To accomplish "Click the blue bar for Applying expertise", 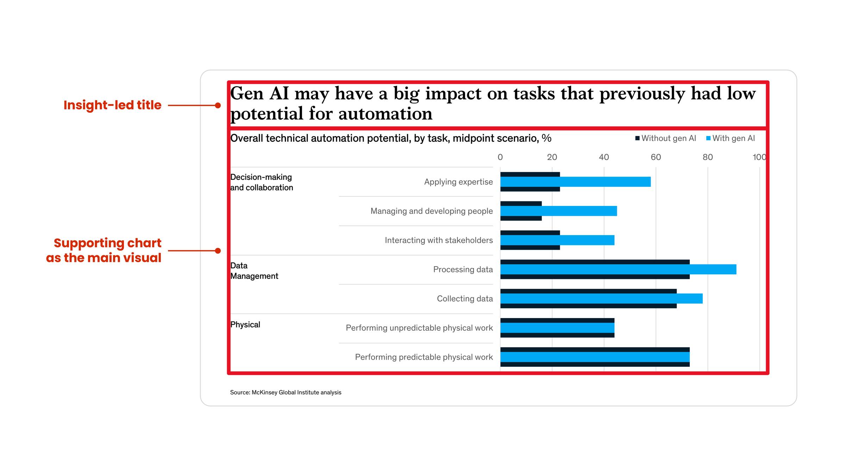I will point(575,182).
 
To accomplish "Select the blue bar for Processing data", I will point(618,269).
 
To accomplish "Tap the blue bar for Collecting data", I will point(601,299).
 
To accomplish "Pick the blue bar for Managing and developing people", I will point(558,211).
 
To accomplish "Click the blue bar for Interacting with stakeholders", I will point(557,240).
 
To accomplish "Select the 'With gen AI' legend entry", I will point(731,138).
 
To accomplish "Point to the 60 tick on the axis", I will point(656,157).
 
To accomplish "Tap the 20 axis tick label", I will point(552,157).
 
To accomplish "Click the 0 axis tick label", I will point(500,157).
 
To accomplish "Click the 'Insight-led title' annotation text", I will point(112,105).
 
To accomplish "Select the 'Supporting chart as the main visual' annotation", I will point(104,250).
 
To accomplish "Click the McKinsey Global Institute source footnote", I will point(286,392).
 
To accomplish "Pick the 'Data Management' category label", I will point(254,271).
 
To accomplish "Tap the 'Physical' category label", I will point(245,324).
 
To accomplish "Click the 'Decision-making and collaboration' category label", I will point(261,182).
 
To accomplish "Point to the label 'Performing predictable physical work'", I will point(424,357).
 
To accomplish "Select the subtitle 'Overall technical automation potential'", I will point(390,138).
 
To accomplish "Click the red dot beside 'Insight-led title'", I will point(218,105).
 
